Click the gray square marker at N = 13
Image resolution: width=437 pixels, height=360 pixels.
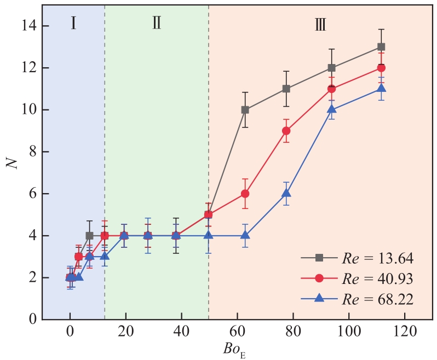click(381, 47)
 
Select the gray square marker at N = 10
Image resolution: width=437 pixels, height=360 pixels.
click(245, 110)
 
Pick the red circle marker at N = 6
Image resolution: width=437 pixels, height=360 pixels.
click(245, 194)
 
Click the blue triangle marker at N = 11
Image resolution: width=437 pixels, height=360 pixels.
click(381, 88)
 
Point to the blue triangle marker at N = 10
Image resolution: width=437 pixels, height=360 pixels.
click(331, 109)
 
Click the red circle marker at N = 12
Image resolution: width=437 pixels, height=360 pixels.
click(381, 68)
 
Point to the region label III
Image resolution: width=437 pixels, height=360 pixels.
click(320, 24)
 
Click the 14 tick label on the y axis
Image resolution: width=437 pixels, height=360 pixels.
click(27, 26)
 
